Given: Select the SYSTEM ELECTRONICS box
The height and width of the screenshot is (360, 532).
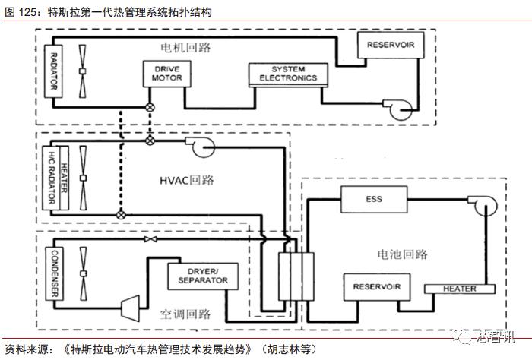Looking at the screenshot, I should pyautogui.click(x=287, y=74).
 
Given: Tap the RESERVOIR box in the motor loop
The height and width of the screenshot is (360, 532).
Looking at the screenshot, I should pyautogui.click(x=390, y=44).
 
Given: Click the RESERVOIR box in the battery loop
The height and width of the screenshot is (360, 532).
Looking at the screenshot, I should pyautogui.click(x=376, y=286).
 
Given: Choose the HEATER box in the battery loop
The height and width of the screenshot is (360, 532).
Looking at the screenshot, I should pyautogui.click(x=460, y=289).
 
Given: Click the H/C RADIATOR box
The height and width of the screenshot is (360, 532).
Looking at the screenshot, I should pyautogui.click(x=52, y=177).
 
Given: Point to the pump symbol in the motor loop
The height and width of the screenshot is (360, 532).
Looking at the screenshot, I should pyautogui.click(x=397, y=111).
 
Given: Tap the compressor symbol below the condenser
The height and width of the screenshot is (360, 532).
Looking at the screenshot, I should pyautogui.click(x=130, y=306).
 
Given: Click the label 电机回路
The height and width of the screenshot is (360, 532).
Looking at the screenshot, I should pyautogui.click(x=185, y=48).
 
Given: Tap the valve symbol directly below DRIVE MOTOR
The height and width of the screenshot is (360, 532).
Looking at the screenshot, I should pyautogui.click(x=150, y=107).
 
